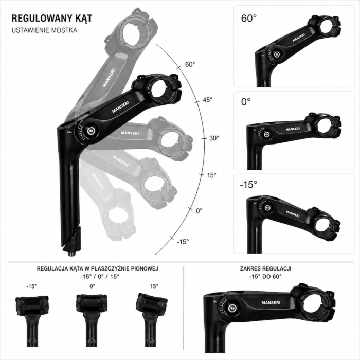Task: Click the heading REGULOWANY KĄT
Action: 52,19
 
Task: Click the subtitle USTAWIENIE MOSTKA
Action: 44,30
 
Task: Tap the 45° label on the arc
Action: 207,100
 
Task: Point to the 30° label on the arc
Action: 214,138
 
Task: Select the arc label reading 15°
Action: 212,175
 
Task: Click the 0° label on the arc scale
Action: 199,210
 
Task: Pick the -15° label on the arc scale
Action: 183,242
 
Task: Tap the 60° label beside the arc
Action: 190,64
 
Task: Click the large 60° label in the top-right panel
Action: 249,19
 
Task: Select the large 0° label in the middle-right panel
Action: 246,102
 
